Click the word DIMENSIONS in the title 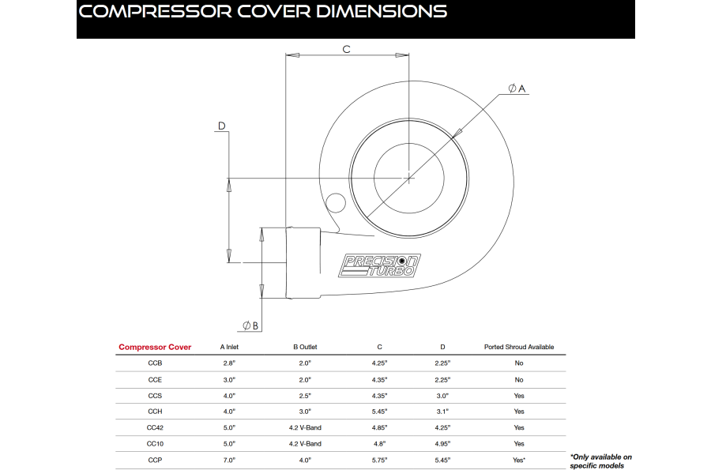tap(369, 12)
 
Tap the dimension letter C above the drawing tap(346, 49)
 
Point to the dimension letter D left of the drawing tap(222, 126)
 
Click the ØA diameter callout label tap(517, 88)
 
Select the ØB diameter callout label tap(250, 325)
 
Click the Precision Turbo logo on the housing tap(379, 265)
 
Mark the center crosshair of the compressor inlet tap(408, 178)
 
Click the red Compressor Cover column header tap(155, 347)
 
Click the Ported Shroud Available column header tap(518, 347)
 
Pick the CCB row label tap(155, 363)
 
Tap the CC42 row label tap(155, 427)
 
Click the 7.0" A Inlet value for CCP tap(230, 460)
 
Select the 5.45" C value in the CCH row tap(380, 412)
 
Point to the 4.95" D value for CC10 tap(442, 444)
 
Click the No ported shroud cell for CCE tap(518, 379)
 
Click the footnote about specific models tap(600, 461)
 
